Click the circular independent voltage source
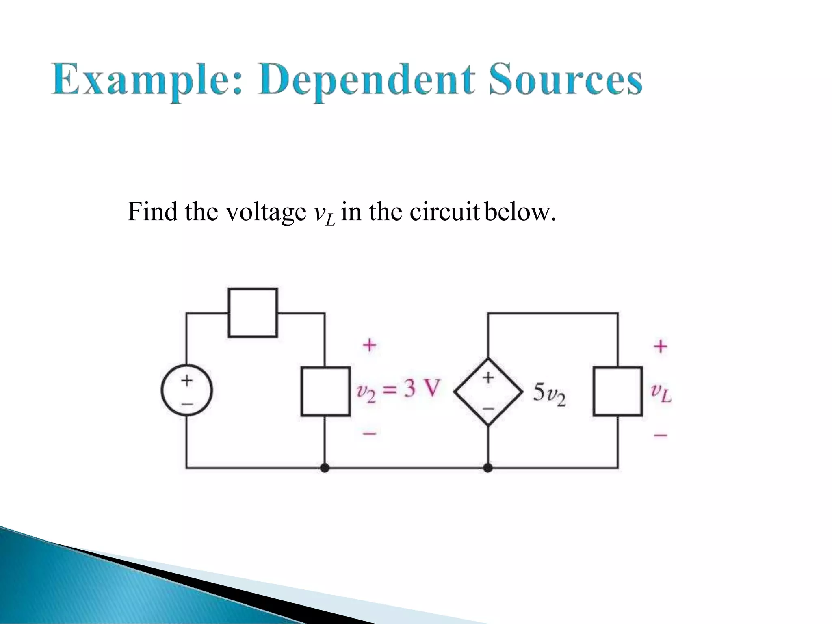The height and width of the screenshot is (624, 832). point(186,390)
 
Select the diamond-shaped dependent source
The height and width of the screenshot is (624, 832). point(488,392)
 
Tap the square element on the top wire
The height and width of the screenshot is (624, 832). point(253,312)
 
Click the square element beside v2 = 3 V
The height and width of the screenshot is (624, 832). point(325,391)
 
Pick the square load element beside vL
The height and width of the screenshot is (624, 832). point(617,391)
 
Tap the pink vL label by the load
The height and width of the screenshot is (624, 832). point(661,392)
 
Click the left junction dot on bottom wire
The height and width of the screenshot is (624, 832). point(324,468)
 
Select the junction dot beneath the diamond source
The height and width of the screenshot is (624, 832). point(488,468)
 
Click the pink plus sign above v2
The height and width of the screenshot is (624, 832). point(369,345)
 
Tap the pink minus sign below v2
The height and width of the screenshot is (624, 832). point(369,434)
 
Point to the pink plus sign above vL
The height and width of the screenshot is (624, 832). point(661,346)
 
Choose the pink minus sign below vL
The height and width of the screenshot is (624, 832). point(661,435)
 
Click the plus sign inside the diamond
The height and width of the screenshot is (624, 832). point(488,377)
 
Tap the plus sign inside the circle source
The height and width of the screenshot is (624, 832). point(186,380)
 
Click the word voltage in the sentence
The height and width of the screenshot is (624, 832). point(266,212)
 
